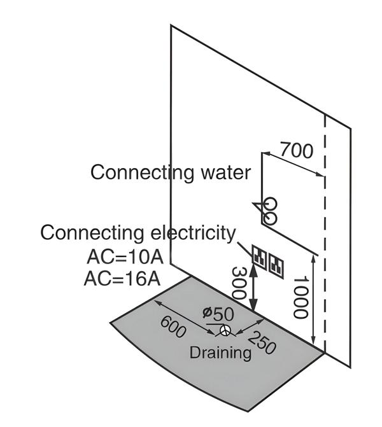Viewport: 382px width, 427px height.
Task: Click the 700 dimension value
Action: click(x=297, y=151)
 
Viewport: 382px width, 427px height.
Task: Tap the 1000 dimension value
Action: click(x=300, y=297)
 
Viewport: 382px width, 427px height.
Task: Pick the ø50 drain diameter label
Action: click(x=218, y=313)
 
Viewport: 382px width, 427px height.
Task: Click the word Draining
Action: click(x=220, y=352)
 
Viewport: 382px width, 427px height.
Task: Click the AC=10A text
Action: click(x=125, y=258)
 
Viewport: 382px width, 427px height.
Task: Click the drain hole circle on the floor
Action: click(x=225, y=330)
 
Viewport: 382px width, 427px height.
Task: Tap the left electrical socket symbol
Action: click(x=260, y=256)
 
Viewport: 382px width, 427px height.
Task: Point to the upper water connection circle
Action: click(x=271, y=204)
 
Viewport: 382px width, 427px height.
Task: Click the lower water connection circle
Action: click(x=269, y=218)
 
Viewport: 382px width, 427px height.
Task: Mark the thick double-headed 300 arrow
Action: click(x=253, y=289)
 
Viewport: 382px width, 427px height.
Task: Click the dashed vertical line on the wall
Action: click(x=325, y=242)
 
